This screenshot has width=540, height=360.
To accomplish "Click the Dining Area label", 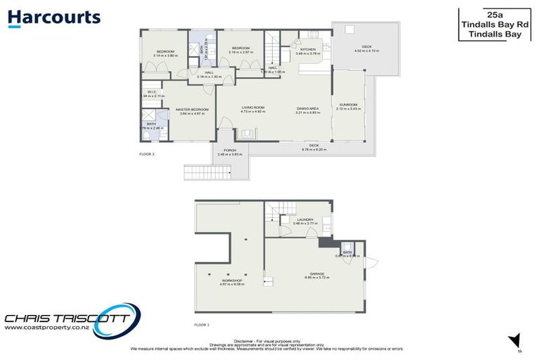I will [x=308, y=108].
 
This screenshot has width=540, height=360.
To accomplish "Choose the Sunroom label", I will [x=348, y=105].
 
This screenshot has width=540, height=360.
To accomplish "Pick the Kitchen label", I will [x=308, y=49].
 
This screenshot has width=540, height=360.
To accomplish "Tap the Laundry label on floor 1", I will [x=305, y=219].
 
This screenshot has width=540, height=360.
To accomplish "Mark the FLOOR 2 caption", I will [x=148, y=153].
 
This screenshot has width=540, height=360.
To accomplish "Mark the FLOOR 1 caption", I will [x=202, y=325].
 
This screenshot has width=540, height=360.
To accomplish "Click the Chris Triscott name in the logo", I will [x=67, y=316].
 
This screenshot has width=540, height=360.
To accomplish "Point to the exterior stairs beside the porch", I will [x=198, y=172].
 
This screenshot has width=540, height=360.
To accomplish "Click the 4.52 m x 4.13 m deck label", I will [x=366, y=49].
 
